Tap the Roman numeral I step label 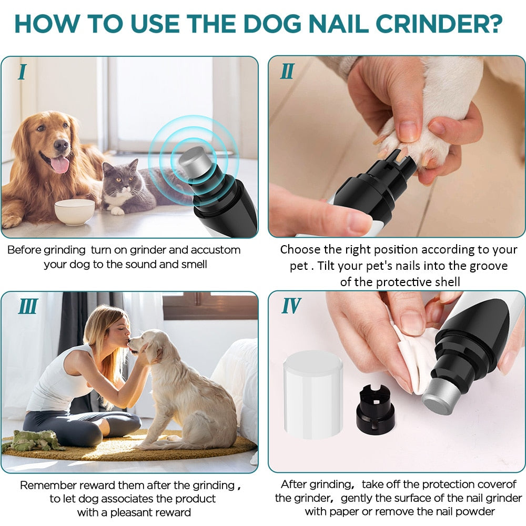[x=22, y=72]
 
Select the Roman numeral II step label [x=287, y=71]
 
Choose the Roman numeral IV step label [x=291, y=306]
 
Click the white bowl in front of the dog [x=74, y=211]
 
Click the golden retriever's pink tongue [x=59, y=165]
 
